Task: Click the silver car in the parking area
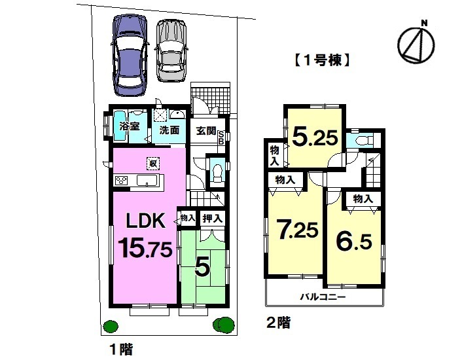[x=171, y=50]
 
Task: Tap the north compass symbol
[x=416, y=43]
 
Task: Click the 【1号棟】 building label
[x=321, y=62]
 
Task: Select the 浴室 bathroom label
[x=128, y=126]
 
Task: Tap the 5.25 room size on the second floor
[x=315, y=138]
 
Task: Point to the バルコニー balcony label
[x=323, y=297]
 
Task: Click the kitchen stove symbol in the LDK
[x=122, y=181]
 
